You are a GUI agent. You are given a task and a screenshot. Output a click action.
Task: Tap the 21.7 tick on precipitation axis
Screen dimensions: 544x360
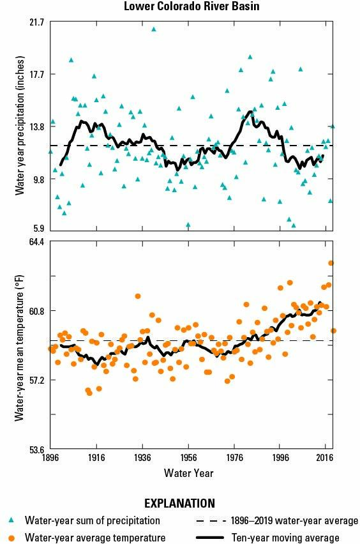(x=37, y=22)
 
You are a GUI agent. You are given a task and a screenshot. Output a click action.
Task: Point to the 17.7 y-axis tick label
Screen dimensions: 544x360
(x=37, y=75)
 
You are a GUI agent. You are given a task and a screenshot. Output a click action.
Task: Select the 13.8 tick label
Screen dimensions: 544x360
(x=37, y=127)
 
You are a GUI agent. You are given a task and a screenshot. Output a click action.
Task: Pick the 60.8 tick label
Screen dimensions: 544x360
(x=37, y=311)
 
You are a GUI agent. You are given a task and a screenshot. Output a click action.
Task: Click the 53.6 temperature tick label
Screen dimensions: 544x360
(x=37, y=449)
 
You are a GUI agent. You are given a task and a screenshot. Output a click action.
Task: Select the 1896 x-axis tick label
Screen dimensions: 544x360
(x=51, y=458)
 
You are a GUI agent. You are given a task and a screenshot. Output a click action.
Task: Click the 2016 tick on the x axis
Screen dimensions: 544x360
(x=325, y=458)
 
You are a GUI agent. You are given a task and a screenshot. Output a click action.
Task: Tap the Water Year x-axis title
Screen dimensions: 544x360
(x=188, y=473)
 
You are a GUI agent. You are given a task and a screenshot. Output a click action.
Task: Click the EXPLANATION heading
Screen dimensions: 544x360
(x=179, y=503)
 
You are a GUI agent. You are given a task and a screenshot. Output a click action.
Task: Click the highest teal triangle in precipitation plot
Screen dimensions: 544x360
(x=153, y=29)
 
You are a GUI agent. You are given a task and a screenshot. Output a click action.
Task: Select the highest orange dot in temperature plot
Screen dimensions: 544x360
(x=331, y=263)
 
